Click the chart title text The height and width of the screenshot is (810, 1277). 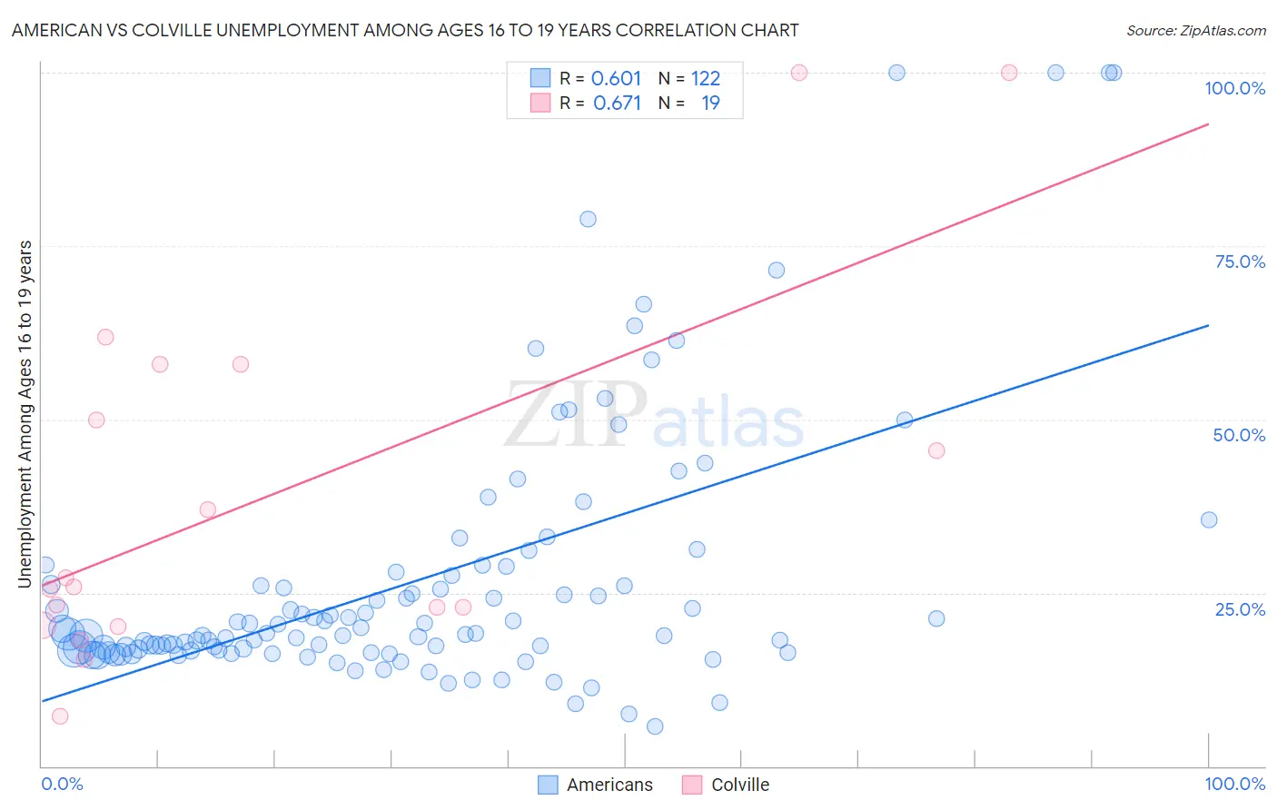(405, 30)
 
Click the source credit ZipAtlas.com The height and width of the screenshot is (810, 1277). (1195, 30)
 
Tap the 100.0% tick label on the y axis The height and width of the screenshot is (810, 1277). (1234, 88)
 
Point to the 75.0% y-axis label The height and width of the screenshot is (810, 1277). (1240, 262)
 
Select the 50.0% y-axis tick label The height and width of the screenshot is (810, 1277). (1239, 435)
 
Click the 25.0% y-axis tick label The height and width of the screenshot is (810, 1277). (1240, 608)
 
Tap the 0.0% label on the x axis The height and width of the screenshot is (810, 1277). (62, 784)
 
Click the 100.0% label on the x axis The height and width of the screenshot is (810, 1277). (1234, 784)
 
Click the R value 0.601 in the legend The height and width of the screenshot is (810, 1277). (616, 78)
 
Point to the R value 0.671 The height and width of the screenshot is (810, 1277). (617, 103)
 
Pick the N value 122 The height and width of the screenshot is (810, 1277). (705, 78)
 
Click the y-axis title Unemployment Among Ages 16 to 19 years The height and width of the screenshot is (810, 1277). (25, 413)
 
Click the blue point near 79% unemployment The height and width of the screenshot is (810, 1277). (588, 219)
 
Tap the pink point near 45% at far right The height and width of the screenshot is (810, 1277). (936, 450)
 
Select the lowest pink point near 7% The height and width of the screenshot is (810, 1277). (60, 716)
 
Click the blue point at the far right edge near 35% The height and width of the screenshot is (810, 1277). (1208, 519)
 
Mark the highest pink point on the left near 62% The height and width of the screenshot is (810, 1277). (105, 337)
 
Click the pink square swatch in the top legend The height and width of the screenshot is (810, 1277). (540, 103)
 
